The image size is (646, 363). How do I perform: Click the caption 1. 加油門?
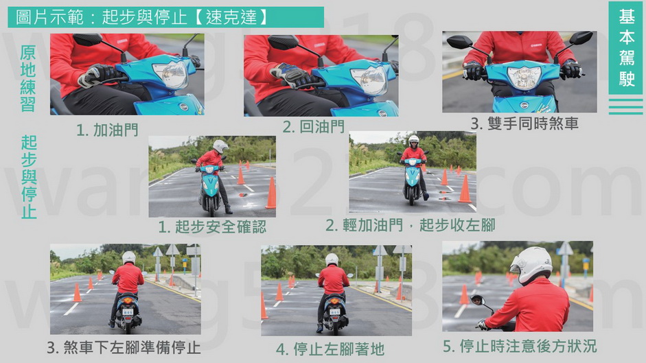click(108, 130)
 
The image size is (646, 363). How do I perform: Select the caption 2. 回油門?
click(314, 126)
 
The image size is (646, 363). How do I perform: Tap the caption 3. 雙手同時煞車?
click(524, 124)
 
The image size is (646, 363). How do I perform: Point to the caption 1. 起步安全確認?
click(213, 226)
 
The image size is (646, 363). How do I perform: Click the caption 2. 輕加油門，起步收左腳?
click(411, 225)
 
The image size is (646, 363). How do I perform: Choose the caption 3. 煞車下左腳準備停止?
click(124, 348)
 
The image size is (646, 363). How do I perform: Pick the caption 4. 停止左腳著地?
click(330, 349)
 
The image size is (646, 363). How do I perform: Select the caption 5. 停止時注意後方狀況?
click(520, 346)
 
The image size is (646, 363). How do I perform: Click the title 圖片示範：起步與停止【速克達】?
click(143, 17)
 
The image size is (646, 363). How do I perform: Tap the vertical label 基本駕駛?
click(626, 48)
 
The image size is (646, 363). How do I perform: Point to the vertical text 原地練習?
click(28, 78)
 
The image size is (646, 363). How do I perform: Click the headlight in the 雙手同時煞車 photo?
click(524, 78)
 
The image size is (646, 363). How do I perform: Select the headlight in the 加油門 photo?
click(172, 74)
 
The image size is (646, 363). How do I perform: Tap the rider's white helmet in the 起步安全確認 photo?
click(220, 146)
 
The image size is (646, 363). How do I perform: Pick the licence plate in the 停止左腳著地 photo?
click(335, 312)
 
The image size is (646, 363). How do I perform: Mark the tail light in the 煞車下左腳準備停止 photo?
click(128, 301)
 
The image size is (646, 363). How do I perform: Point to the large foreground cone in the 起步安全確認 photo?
click(270, 193)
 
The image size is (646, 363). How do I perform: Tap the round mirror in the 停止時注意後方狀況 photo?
click(477, 300)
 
